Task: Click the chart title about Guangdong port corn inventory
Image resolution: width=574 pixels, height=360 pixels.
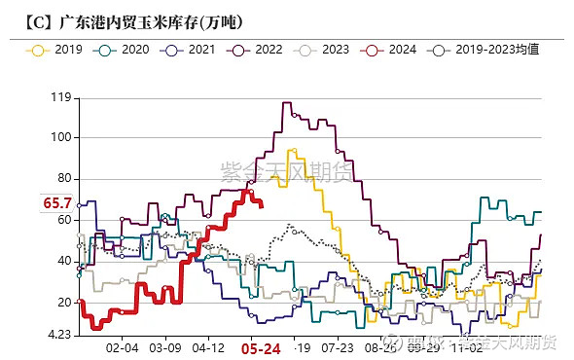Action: pos(126,20)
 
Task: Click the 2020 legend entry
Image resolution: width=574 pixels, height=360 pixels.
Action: pos(126,48)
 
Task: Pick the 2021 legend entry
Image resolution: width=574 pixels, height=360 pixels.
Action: pos(193,48)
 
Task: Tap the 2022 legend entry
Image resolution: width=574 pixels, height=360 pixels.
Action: pos(260,48)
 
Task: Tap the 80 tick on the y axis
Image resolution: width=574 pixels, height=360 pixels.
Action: pos(63,178)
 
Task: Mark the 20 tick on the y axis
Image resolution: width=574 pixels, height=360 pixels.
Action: pos(63,303)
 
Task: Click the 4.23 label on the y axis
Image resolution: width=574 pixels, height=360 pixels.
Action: pos(57,335)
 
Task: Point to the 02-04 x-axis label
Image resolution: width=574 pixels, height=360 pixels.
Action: pos(122,347)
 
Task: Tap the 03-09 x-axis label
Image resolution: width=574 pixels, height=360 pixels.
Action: pos(164,347)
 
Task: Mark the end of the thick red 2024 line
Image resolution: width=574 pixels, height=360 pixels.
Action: pos(261,204)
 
